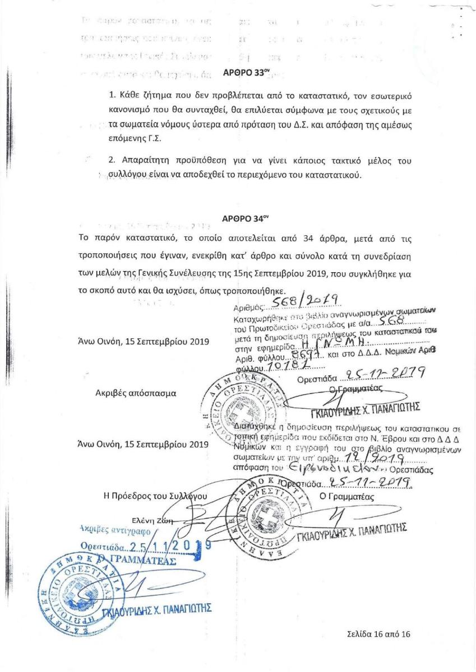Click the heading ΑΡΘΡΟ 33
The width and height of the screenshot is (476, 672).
tap(242, 73)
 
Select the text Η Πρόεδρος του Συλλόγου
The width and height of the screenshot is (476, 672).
tap(156, 496)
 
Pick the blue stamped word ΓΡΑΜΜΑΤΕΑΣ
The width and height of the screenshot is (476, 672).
tap(141, 561)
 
